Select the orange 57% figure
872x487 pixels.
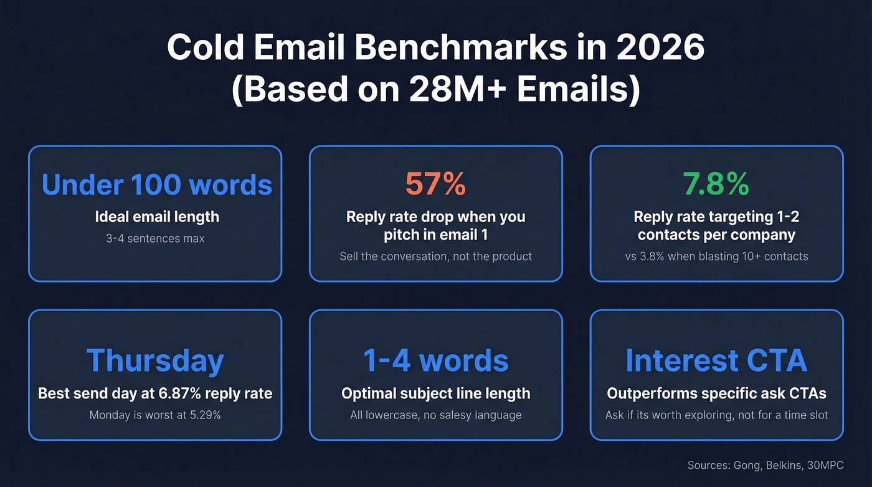coord(435,184)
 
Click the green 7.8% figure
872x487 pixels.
coord(716,184)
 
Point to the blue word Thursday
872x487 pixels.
coord(154,360)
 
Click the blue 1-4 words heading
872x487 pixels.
coord(435,360)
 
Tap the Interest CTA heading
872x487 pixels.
coord(716,360)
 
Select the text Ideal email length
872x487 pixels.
coord(157,217)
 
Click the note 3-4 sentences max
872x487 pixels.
coord(155,238)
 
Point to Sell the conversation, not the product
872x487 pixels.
coord(435,256)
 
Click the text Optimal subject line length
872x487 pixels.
coord(435,393)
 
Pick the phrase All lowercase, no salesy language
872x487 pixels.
coord(435,415)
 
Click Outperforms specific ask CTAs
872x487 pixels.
coord(716,393)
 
